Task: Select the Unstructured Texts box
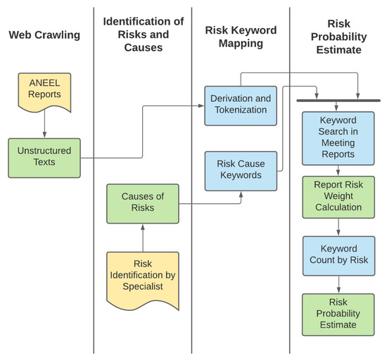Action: [44, 157]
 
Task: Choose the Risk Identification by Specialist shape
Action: [143, 278]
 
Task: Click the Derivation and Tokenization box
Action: [241, 105]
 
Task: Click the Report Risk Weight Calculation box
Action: [338, 197]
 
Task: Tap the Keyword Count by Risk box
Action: [338, 255]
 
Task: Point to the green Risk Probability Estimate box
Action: [338, 314]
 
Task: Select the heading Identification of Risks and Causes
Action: [143, 34]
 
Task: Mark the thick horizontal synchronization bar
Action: [338, 101]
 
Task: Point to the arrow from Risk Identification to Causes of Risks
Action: [143, 238]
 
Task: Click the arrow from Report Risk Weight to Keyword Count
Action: [338, 226]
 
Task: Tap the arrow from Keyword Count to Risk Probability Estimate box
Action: [338, 285]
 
